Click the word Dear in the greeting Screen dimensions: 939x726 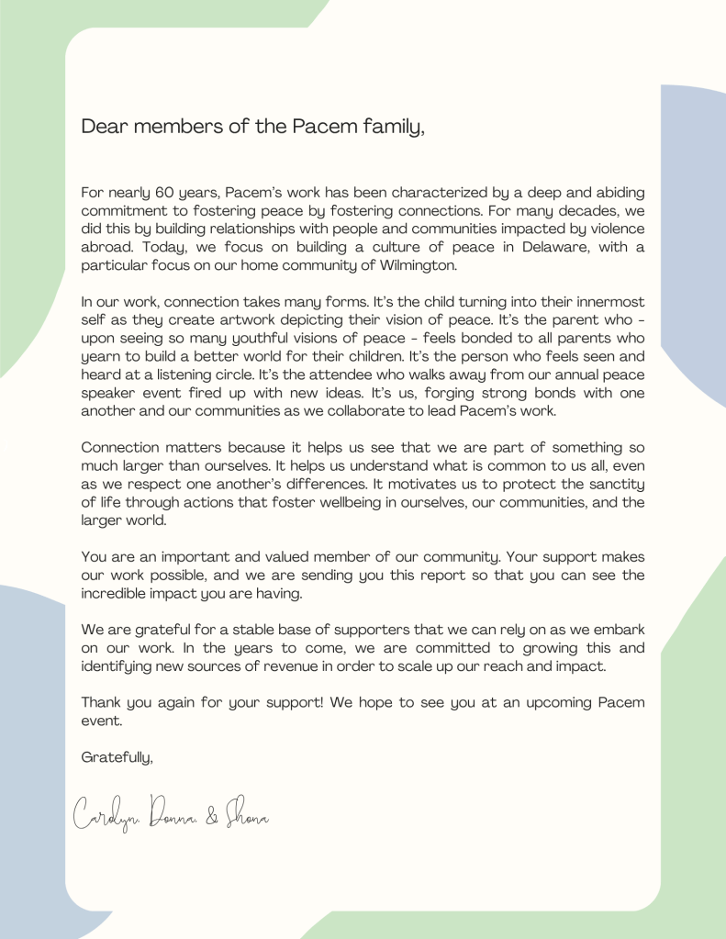[x=102, y=127]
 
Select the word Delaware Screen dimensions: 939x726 [x=534, y=248]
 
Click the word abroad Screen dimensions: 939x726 [x=106, y=248]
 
